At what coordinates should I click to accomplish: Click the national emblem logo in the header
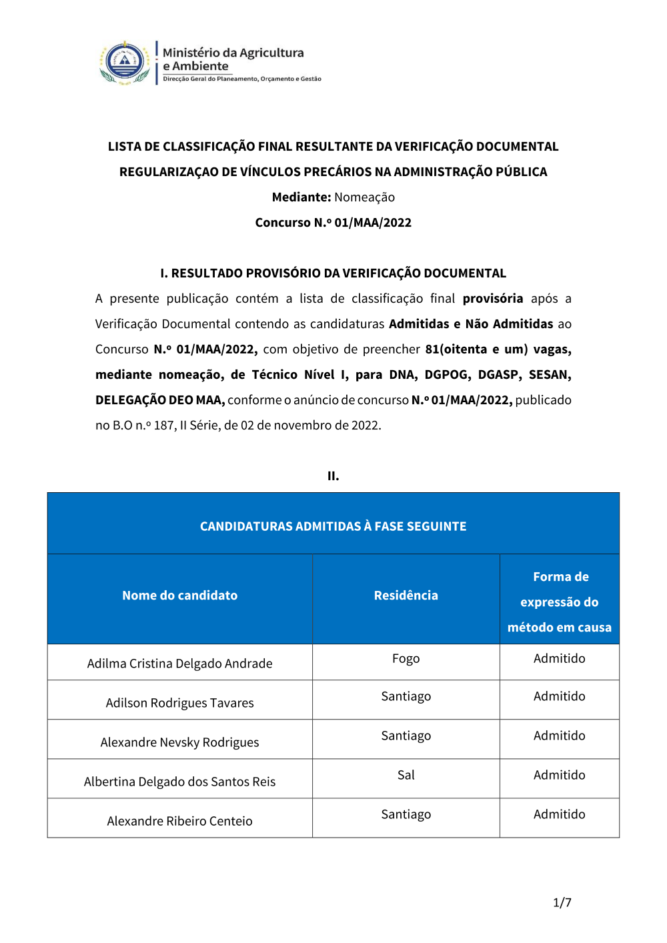[125, 63]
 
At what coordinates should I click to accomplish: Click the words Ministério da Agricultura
[233, 53]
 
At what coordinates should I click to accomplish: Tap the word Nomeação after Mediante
[364, 197]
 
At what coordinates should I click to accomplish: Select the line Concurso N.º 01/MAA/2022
[333, 223]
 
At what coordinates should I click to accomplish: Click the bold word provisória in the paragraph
[493, 299]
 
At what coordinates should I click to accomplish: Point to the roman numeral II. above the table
[333, 476]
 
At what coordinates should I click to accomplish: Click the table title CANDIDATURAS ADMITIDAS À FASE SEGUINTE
[333, 526]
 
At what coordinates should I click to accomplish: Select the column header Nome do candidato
[179, 596]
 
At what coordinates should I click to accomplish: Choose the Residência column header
[406, 596]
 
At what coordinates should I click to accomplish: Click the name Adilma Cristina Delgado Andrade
[179, 664]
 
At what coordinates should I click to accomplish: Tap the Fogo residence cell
[406, 659]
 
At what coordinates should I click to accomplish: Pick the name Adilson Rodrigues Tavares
[179, 703]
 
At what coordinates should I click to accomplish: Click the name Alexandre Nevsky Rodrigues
[179, 742]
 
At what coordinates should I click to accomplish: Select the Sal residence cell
[406, 775]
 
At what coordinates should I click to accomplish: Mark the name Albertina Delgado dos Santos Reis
[179, 782]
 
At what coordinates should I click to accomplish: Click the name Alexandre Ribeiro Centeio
[179, 821]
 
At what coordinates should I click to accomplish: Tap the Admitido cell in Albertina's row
[559, 775]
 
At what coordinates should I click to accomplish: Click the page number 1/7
[562, 902]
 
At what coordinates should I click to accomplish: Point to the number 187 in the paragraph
[163, 425]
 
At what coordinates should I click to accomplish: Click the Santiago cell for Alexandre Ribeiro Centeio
[406, 814]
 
